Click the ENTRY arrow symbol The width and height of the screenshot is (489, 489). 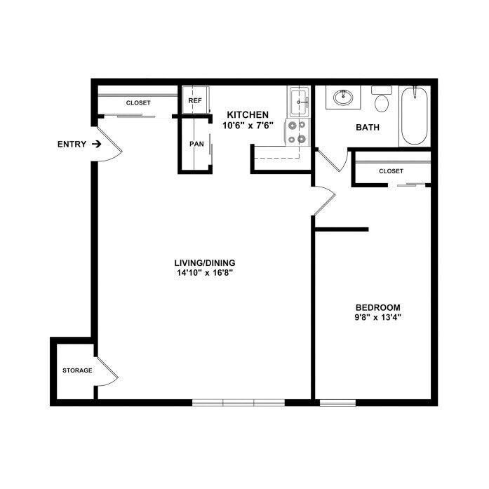pyautogui.click(x=97, y=144)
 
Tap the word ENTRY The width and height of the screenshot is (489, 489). pyautogui.click(x=72, y=144)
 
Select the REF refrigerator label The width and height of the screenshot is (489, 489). pyautogui.click(x=195, y=101)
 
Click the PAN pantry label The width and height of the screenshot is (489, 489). pyautogui.click(x=196, y=144)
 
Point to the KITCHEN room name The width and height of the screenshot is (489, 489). pyautogui.click(x=248, y=114)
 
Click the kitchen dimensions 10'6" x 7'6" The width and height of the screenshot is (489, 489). pyautogui.click(x=248, y=126)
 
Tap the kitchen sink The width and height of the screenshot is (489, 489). pyautogui.click(x=300, y=102)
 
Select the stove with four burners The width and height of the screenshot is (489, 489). pyautogui.click(x=297, y=132)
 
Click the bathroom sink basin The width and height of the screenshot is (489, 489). pyautogui.click(x=343, y=98)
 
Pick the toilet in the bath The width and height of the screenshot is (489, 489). pyautogui.click(x=382, y=99)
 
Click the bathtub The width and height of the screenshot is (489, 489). pyautogui.click(x=415, y=116)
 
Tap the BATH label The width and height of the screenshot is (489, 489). pyautogui.click(x=368, y=127)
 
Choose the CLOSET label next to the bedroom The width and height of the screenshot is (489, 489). pyautogui.click(x=391, y=171)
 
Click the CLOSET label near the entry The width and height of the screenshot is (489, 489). pyautogui.click(x=138, y=103)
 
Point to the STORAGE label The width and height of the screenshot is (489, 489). pyautogui.click(x=77, y=370)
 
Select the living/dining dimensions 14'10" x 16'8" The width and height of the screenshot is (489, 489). pyautogui.click(x=205, y=273)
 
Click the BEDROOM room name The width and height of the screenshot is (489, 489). pyautogui.click(x=377, y=307)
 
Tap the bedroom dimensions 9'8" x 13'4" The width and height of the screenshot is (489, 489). pyautogui.click(x=377, y=318)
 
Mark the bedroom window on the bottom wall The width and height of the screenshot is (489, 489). pyautogui.click(x=337, y=403)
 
